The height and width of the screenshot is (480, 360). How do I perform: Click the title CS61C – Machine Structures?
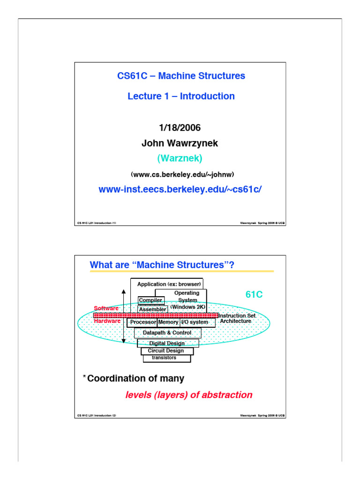click(181, 76)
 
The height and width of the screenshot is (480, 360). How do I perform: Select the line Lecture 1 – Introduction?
click(181, 96)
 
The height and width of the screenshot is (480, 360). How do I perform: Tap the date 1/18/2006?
click(180, 127)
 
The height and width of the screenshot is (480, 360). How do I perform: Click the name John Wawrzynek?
click(180, 143)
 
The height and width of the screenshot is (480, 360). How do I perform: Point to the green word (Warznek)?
click(180, 158)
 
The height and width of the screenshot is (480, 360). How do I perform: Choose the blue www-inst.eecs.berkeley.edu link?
click(180, 189)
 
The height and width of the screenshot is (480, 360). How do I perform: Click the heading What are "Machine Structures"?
click(162, 265)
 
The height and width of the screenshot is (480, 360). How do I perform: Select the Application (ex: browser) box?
click(169, 284)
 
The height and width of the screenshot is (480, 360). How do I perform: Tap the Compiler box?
click(150, 300)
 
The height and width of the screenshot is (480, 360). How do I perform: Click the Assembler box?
click(152, 309)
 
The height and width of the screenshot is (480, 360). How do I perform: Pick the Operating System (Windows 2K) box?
click(187, 300)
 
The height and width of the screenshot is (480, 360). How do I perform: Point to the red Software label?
click(106, 308)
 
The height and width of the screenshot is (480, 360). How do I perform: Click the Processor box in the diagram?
click(143, 322)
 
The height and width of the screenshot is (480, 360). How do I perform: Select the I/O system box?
click(194, 322)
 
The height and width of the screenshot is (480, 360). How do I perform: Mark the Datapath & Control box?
click(167, 333)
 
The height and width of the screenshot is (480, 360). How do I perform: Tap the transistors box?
click(167, 358)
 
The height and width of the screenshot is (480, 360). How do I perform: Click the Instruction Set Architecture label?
click(237, 319)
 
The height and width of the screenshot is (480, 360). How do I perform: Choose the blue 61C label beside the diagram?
click(254, 295)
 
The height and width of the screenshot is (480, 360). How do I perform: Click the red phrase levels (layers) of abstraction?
click(189, 395)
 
